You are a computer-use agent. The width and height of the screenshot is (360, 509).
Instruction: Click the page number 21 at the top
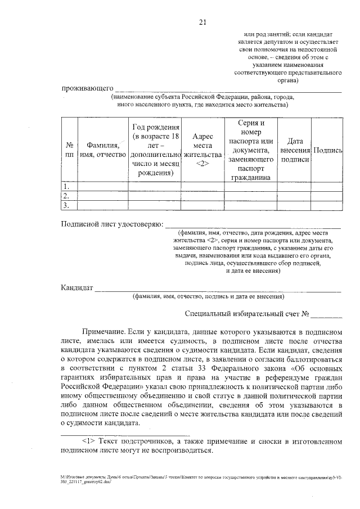[203, 22]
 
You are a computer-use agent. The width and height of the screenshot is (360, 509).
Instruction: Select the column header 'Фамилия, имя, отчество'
[102, 149]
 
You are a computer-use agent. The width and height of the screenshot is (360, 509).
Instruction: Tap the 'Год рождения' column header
[155, 150]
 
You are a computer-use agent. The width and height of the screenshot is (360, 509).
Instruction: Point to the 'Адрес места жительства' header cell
[203, 150]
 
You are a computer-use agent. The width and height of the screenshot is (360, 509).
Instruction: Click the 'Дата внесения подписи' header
[295, 150]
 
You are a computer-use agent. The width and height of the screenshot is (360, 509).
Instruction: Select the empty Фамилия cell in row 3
[102, 205]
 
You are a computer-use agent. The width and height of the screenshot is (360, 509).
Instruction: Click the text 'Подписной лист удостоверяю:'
[111, 224]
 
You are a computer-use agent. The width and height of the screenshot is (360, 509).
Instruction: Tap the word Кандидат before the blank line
[76, 288]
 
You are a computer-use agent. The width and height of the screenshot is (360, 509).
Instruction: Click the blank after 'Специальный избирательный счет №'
[326, 314]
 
